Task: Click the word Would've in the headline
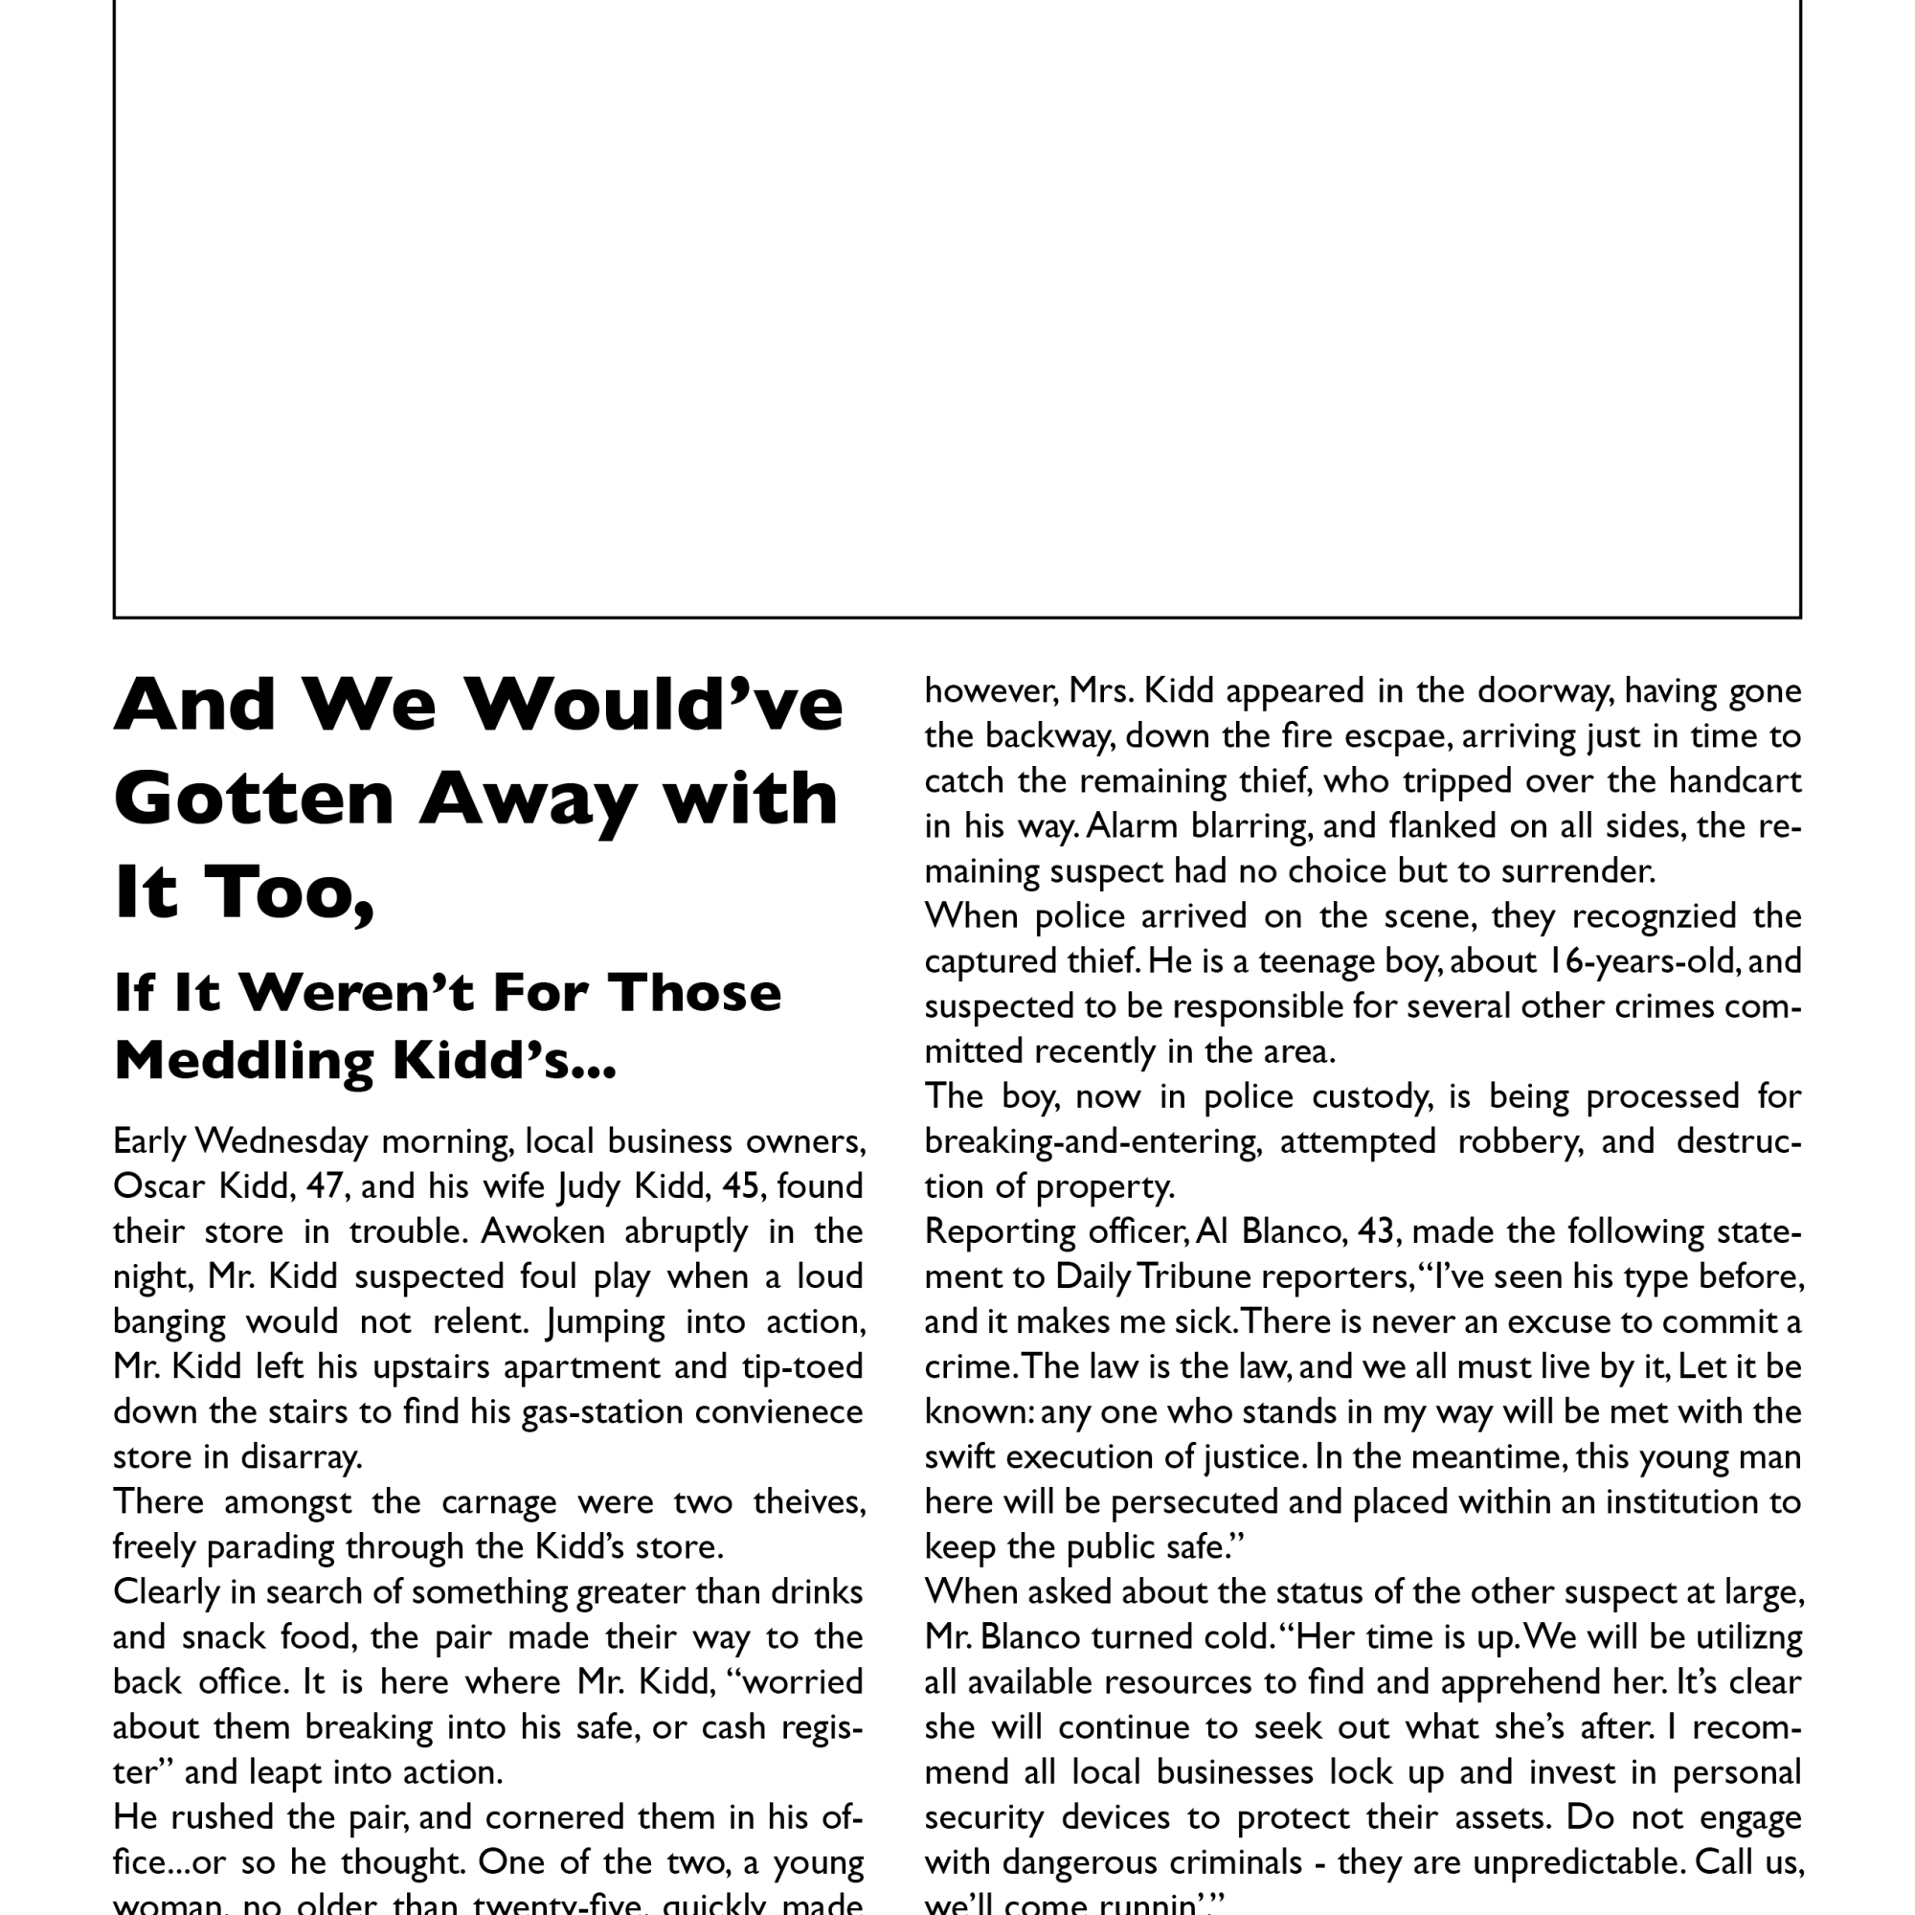654,705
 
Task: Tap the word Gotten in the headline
254,799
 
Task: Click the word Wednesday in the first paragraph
282,1141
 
